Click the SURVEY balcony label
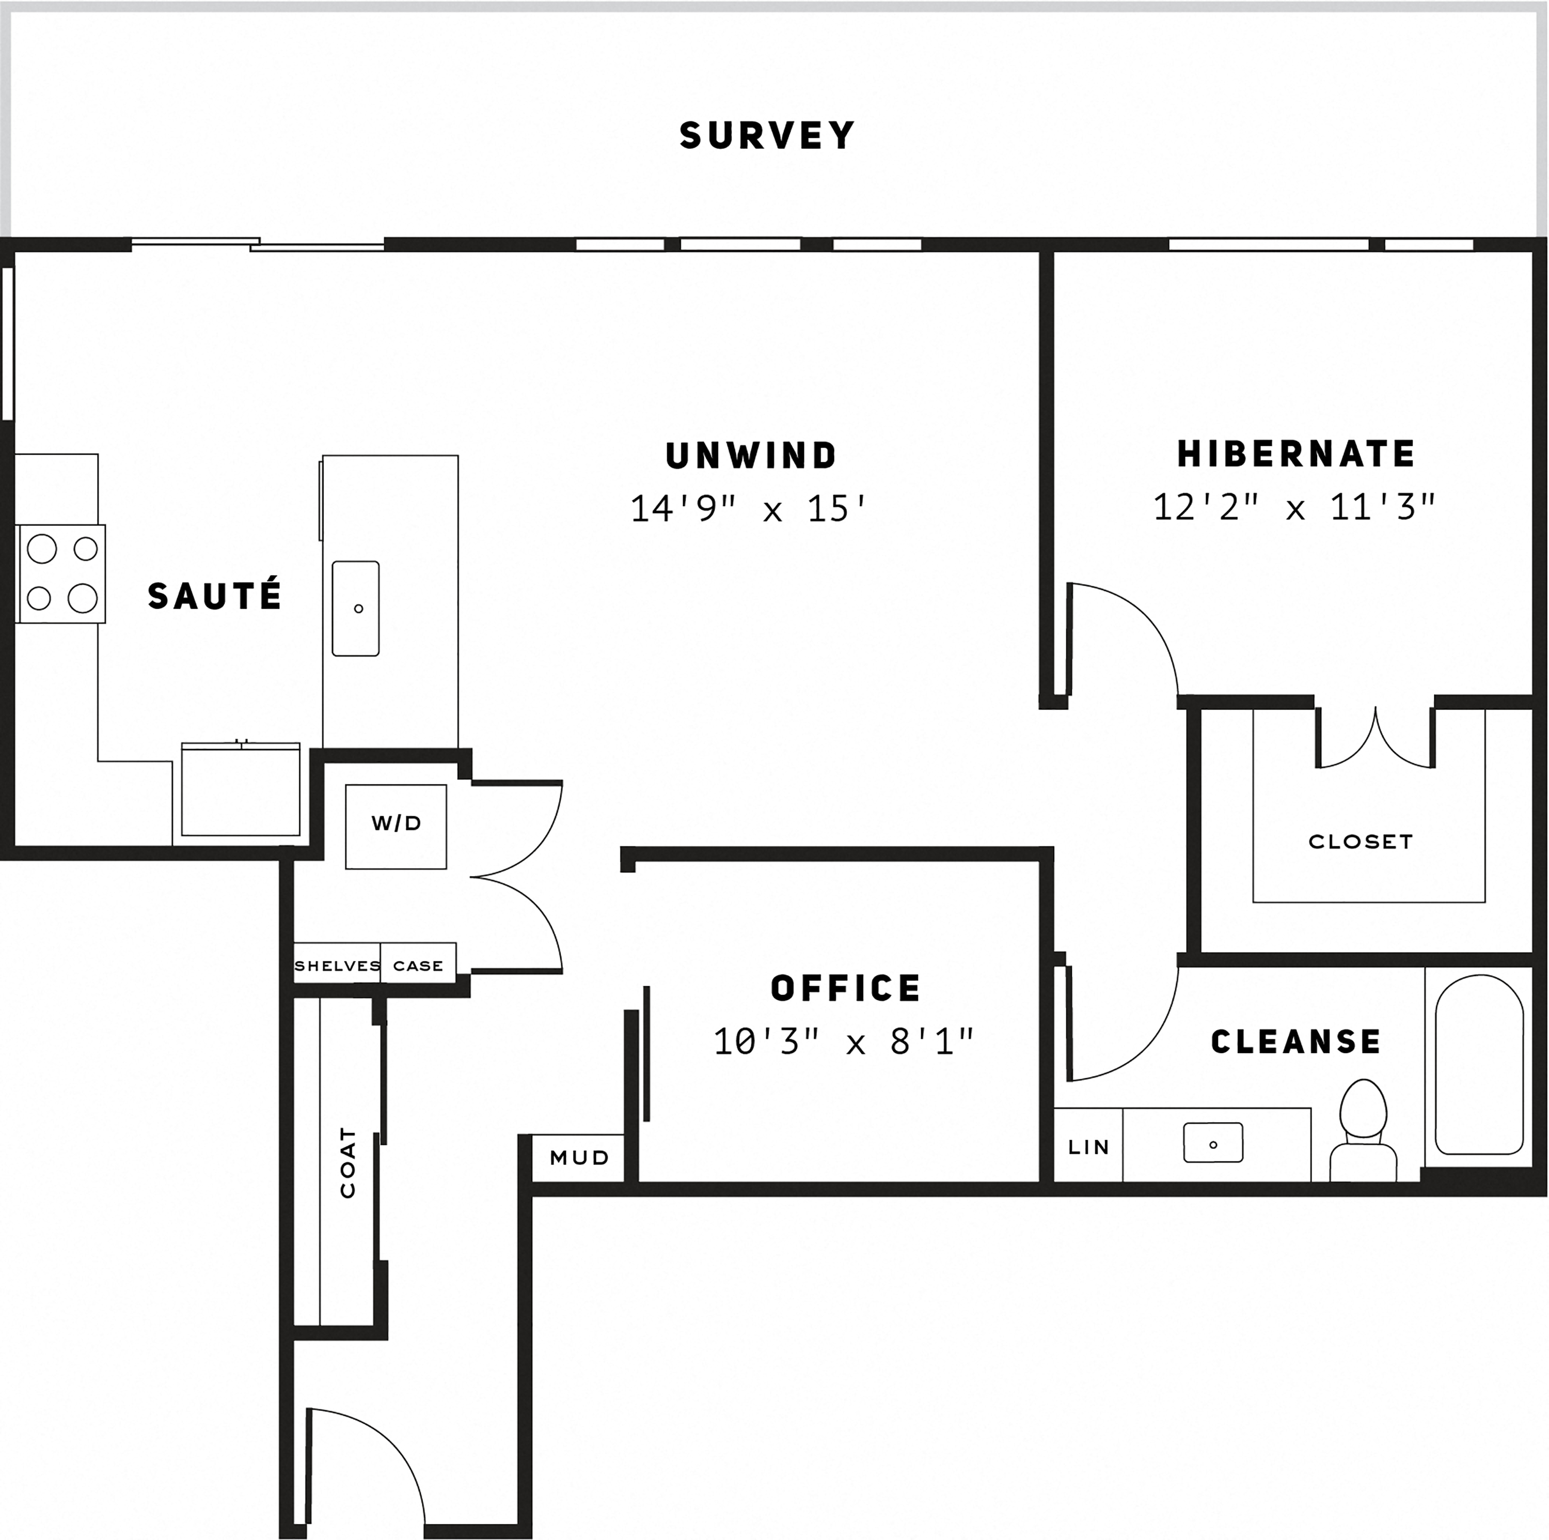click(767, 135)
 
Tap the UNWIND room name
click(751, 456)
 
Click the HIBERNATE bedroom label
click(1295, 454)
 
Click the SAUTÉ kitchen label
click(215, 596)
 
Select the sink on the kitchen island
click(356, 608)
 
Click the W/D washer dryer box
click(396, 826)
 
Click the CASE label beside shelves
click(418, 966)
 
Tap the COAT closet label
click(347, 1162)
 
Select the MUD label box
click(579, 1157)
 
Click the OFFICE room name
click(846, 988)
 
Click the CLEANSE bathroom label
click(1295, 1042)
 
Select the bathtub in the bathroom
click(1478, 1064)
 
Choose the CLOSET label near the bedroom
click(1361, 842)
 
